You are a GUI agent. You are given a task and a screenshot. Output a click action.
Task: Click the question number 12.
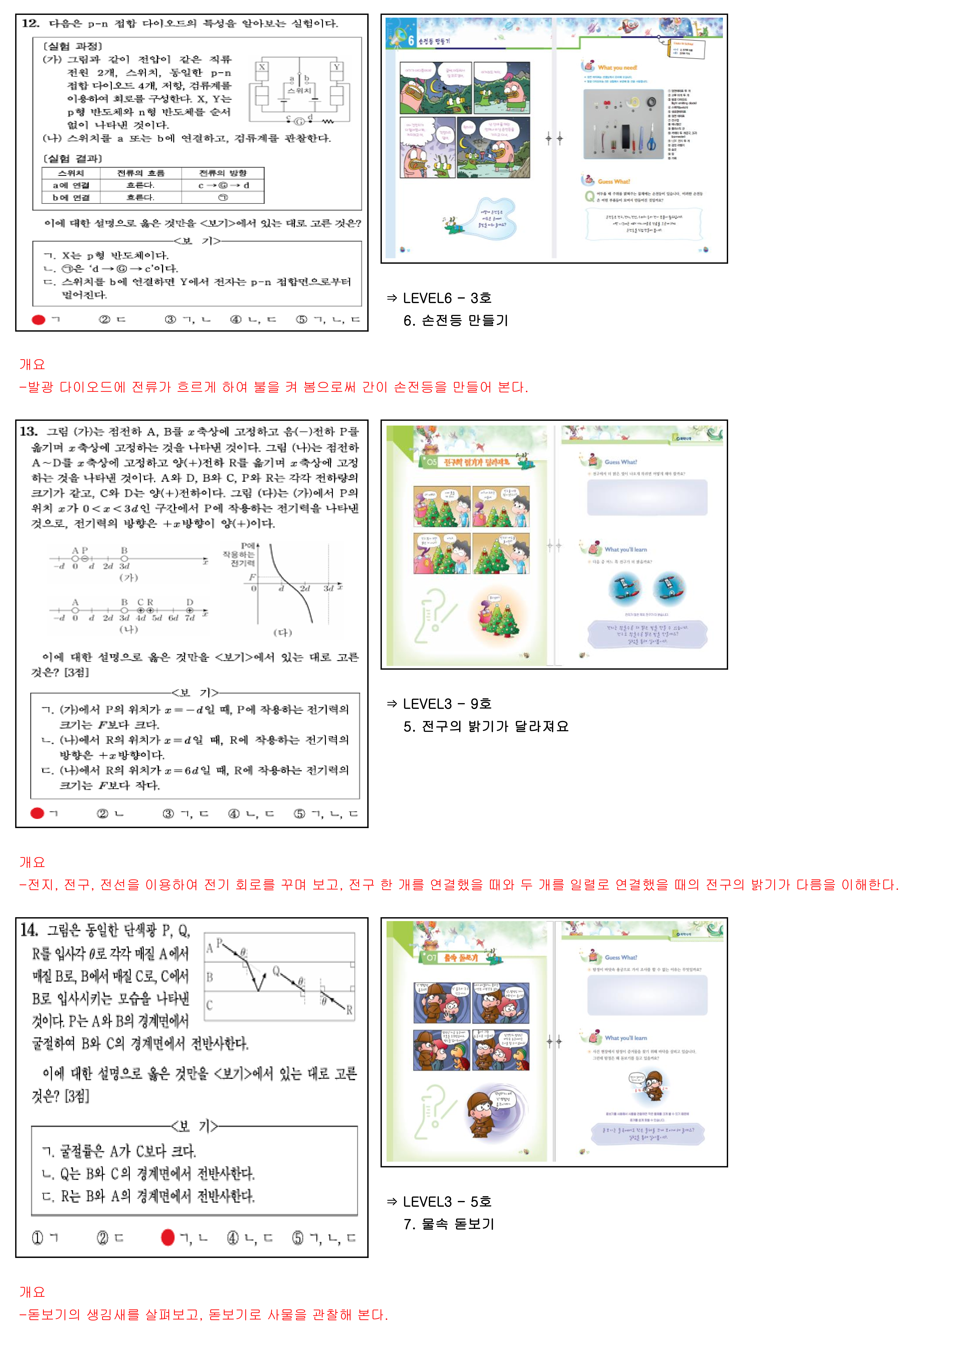coord(30,24)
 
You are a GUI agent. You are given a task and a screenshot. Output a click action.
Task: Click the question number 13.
coord(28,431)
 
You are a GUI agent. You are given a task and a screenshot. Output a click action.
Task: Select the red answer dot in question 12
coord(39,320)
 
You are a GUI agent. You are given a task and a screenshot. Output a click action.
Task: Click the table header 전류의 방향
coord(223,173)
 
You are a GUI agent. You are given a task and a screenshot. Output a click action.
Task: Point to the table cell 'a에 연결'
coord(71,185)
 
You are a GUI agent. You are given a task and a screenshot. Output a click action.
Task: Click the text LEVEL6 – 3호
coord(447,298)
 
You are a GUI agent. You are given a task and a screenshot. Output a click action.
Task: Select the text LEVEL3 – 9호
coord(447,704)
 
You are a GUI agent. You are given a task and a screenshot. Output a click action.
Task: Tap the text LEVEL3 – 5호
coord(447,1201)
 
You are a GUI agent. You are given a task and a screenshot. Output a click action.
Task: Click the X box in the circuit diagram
coord(262,67)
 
